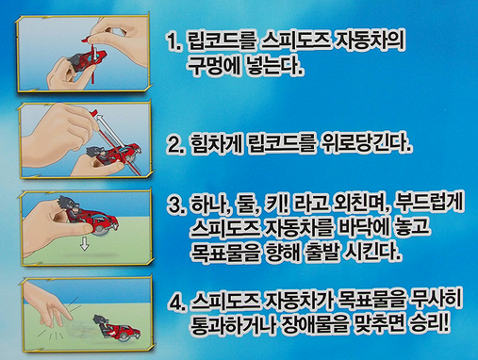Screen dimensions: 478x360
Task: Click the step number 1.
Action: tap(173, 41)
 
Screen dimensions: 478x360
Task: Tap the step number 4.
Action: tap(176, 303)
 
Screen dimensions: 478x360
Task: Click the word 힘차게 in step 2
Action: tap(217, 144)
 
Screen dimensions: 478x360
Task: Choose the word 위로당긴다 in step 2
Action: tap(365, 144)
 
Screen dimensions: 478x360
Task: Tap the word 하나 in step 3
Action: tap(208, 205)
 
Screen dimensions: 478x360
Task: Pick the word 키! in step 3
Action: tap(275, 205)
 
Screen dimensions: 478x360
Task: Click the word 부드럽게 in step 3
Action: tap(429, 205)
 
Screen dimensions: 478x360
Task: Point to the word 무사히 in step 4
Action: tap(437, 301)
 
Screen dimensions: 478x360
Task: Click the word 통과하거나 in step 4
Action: tap(232, 324)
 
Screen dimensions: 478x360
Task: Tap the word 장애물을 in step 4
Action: tap(315, 324)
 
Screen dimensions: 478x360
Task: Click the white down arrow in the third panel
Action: tap(84, 243)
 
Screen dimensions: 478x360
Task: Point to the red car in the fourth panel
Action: tap(117, 329)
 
